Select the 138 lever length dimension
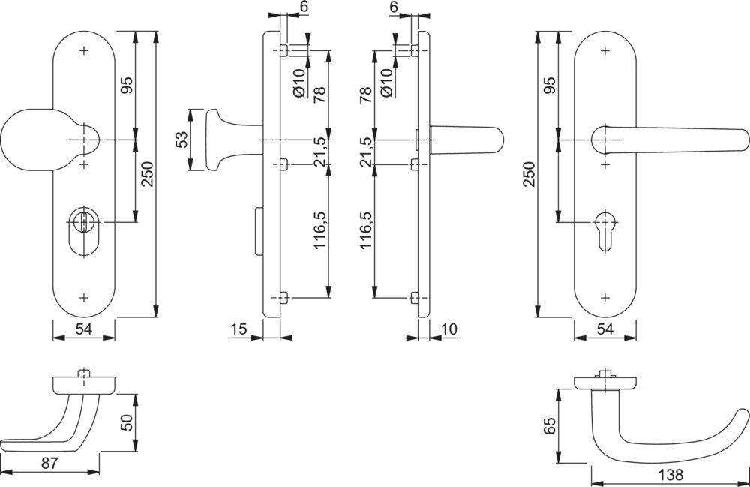[672, 475]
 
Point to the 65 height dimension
[549, 426]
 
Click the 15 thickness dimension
[238, 329]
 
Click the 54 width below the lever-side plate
[605, 329]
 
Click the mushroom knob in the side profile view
[214, 140]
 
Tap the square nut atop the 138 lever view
[604, 374]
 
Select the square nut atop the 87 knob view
[83, 374]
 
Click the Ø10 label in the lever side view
[386, 82]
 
